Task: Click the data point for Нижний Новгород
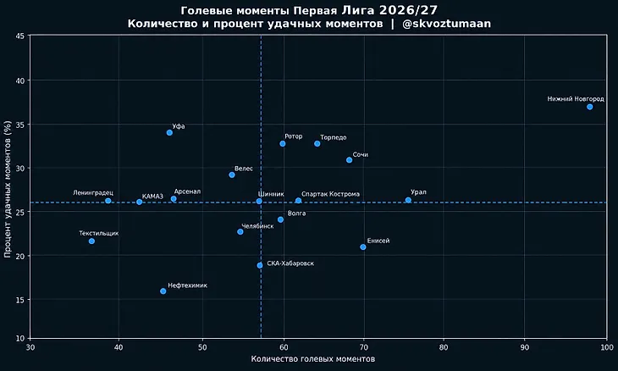click(589, 107)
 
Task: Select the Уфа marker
click(169, 132)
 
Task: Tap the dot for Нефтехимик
click(163, 291)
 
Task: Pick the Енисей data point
click(363, 246)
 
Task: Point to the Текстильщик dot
click(91, 241)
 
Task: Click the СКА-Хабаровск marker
click(260, 265)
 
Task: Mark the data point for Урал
click(408, 200)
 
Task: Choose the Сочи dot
click(349, 160)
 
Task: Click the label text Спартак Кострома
click(330, 194)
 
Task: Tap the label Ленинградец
click(93, 193)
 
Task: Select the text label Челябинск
click(257, 226)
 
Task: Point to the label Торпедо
click(334, 137)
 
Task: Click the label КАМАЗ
click(152, 197)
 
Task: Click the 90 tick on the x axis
click(524, 347)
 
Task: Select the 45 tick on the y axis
click(20, 36)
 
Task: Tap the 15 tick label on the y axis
click(20, 300)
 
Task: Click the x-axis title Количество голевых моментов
click(313, 359)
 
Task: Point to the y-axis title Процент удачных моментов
click(8, 189)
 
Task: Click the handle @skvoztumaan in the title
click(446, 24)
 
